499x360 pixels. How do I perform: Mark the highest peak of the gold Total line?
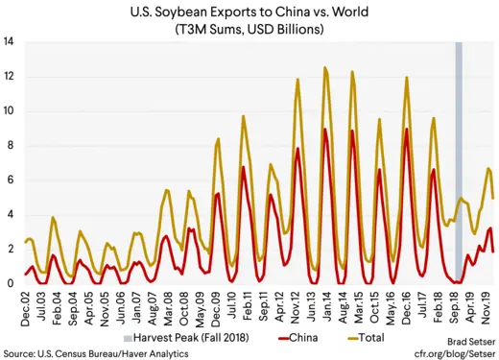325,68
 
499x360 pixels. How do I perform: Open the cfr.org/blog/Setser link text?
454,352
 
